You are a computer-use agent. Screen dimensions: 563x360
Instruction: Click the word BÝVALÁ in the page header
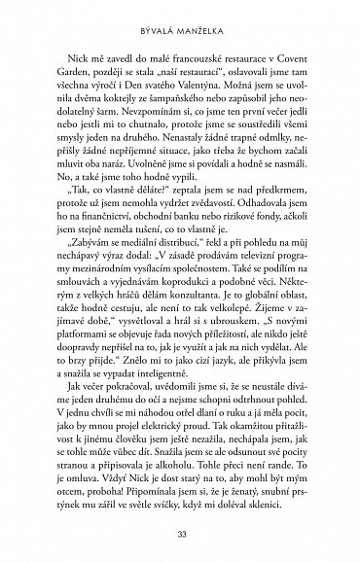tap(156, 20)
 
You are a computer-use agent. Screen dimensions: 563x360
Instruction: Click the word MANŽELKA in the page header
tap(201, 20)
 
